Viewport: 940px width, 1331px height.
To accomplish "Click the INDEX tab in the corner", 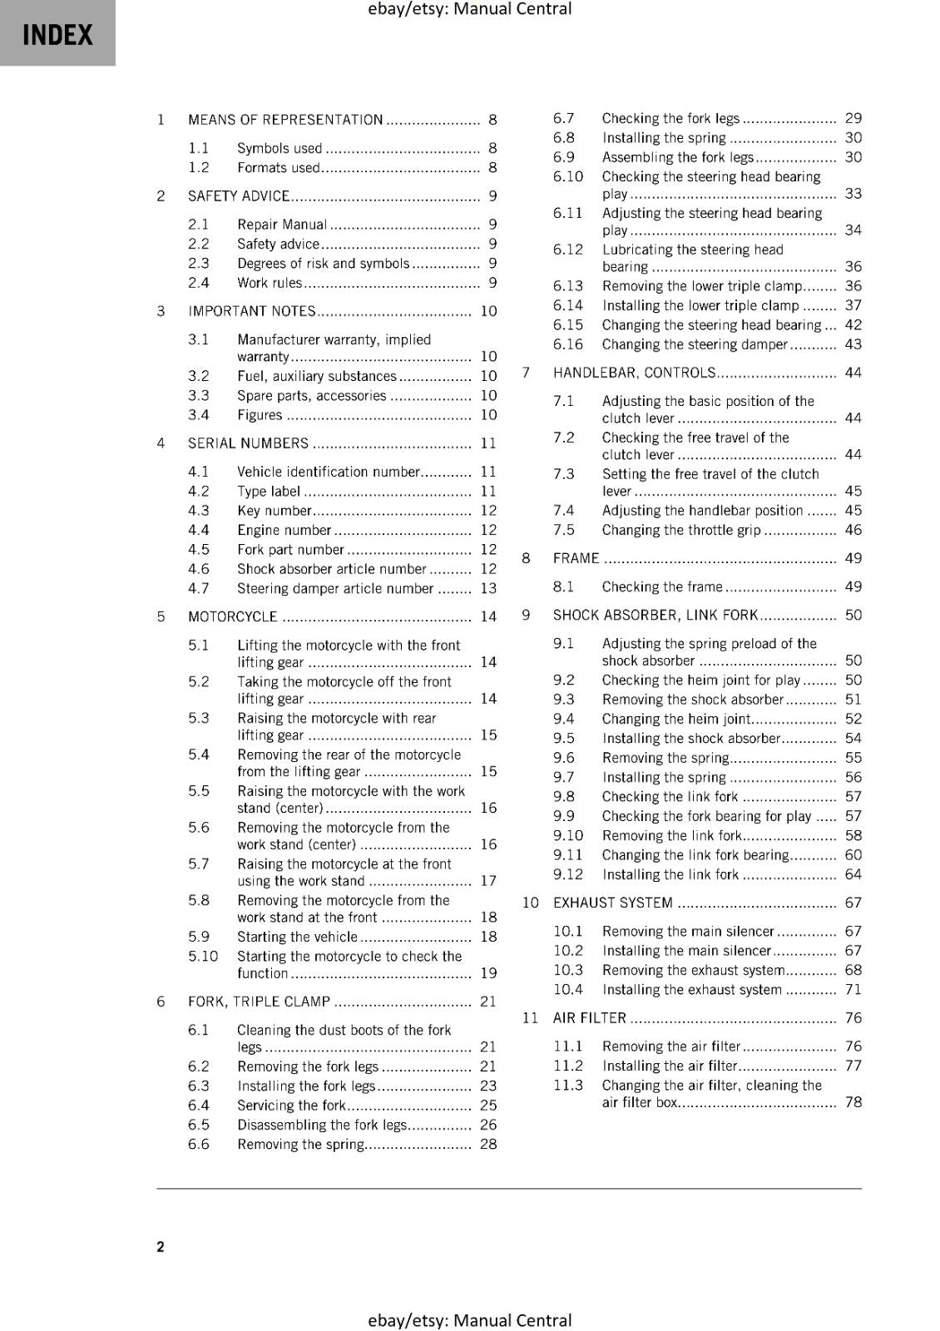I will [x=57, y=34].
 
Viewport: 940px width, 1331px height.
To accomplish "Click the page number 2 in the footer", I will [x=161, y=1246].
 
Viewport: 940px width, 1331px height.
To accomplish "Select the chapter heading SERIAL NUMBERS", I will [x=248, y=443].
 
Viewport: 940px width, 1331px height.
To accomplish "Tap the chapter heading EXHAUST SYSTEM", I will [x=612, y=903].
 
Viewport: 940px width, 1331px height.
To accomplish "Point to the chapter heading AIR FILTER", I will [x=589, y=1018].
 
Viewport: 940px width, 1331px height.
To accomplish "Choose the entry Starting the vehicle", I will [x=297, y=937].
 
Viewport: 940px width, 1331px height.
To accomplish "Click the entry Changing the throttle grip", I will [x=681, y=530].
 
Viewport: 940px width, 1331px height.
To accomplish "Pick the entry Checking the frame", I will [x=662, y=586].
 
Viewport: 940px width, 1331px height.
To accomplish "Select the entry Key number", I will [x=274, y=511].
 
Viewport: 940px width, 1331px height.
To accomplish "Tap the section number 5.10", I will [x=203, y=957].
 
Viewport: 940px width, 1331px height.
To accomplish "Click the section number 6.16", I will [x=568, y=344].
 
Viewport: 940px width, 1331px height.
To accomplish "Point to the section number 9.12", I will [x=568, y=874].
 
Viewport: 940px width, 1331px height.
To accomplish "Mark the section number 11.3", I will [x=568, y=1085].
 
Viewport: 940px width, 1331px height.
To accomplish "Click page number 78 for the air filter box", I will [x=853, y=1102].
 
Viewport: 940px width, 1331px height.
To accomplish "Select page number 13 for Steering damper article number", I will [x=488, y=589].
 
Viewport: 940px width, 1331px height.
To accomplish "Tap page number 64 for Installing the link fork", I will [x=853, y=874].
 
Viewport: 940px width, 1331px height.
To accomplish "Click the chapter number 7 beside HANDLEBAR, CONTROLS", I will [x=526, y=373].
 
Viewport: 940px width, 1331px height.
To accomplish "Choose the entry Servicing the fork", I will [x=291, y=1106].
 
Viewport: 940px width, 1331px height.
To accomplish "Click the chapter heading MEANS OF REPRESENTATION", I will [x=285, y=120].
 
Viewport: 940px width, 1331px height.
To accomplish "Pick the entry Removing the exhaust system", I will [x=693, y=970].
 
